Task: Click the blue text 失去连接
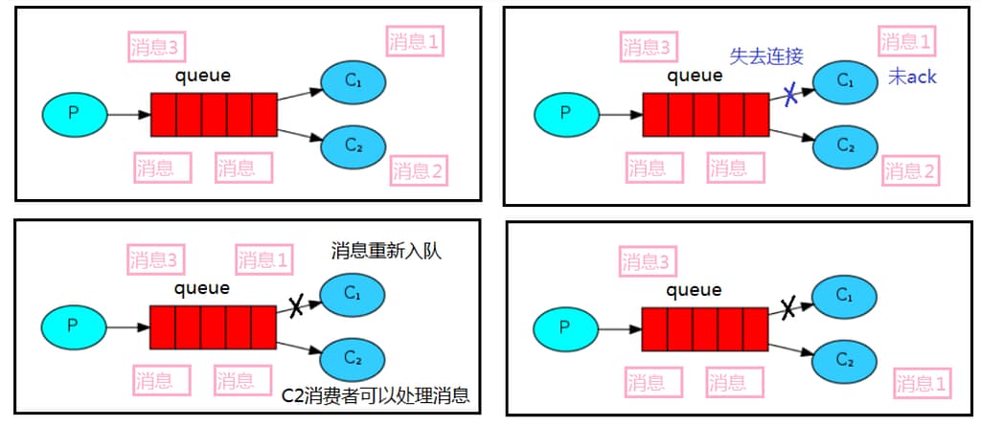pos(766,56)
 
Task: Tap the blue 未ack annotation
pos(911,77)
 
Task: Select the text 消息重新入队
pos(392,252)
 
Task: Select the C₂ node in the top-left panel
pos(353,146)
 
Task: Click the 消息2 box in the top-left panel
pos(419,171)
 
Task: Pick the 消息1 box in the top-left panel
pos(415,41)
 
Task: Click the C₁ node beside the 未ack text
pos(845,81)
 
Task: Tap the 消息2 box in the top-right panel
pos(909,171)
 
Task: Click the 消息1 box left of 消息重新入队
pos(263,259)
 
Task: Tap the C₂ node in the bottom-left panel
pos(353,359)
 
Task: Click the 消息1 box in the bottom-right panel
pos(922,385)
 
